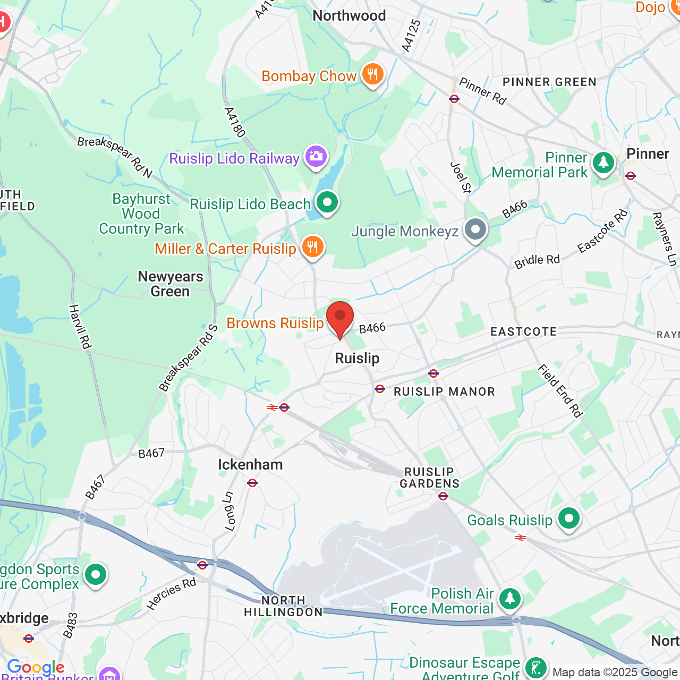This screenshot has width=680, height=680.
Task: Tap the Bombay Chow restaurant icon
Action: pos(372,75)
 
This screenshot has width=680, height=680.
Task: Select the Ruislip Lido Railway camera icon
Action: pos(316,157)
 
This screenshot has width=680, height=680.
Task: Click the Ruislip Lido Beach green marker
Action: pos(327,202)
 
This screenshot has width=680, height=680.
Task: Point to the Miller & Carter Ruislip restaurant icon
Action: pos(313,248)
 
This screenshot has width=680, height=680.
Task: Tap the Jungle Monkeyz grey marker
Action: pos(475,230)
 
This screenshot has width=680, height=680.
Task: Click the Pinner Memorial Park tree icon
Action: pos(603,163)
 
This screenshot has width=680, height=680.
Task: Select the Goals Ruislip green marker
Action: pos(569,518)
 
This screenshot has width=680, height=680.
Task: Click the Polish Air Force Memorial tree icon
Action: pos(510,599)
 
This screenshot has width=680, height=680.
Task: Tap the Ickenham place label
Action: pos(250,465)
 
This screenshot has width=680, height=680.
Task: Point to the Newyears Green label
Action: pos(170,284)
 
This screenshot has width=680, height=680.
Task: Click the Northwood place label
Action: pos(349,16)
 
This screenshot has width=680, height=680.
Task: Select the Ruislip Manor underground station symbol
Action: pos(433,373)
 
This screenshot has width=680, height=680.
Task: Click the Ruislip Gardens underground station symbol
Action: pos(443,496)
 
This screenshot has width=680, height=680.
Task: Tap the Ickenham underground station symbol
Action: pos(252,483)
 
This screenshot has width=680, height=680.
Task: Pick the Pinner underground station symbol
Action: pos(631,176)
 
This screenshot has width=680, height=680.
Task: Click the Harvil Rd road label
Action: pos(80,327)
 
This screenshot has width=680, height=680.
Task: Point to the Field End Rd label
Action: pos(560,390)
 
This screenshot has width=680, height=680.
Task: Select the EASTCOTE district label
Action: pos(523,332)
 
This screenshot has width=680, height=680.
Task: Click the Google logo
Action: pos(36,667)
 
